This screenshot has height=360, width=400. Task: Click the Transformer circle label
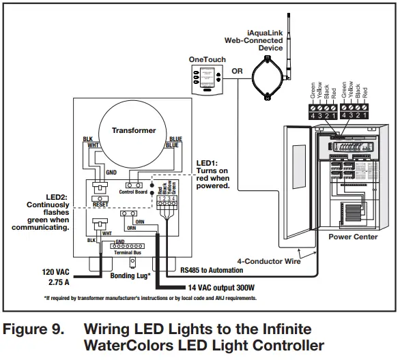click(134, 130)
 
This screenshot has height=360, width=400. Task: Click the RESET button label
click(100, 204)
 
